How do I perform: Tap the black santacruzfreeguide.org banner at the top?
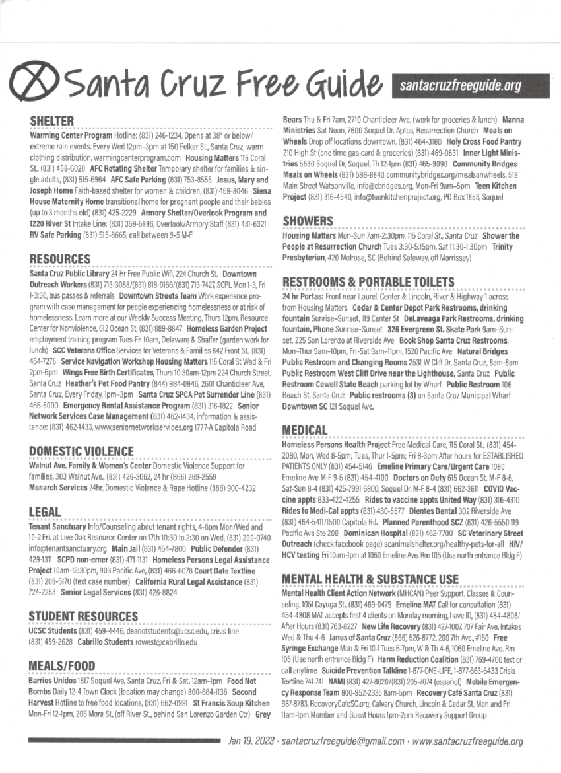click(x=469, y=85)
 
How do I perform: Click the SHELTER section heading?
click(x=51, y=120)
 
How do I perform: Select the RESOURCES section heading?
click(x=60, y=258)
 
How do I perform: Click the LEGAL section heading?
click(x=45, y=512)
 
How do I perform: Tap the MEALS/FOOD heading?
click(x=63, y=665)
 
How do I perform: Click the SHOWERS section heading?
click(x=308, y=221)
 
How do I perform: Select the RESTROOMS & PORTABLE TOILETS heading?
click(x=368, y=283)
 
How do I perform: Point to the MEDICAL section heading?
click(x=305, y=430)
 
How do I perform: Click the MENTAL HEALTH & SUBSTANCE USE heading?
click(x=370, y=579)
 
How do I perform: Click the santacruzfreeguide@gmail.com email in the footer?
click(x=343, y=741)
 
